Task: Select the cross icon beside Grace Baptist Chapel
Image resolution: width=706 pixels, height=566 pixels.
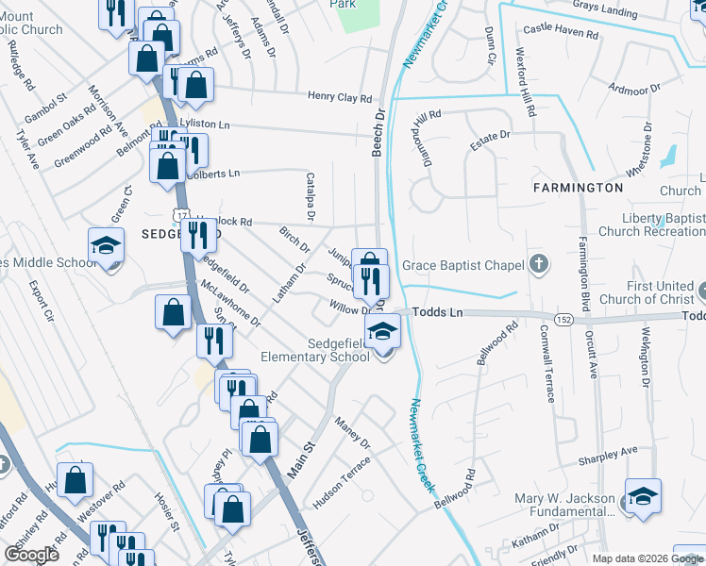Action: pos(539,264)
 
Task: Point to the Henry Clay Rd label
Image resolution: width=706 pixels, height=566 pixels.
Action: pos(341,96)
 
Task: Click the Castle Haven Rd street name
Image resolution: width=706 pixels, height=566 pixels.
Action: pos(561,32)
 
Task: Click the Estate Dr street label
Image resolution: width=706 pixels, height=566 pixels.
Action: pos(491,136)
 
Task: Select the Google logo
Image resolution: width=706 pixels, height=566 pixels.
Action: pos(32,555)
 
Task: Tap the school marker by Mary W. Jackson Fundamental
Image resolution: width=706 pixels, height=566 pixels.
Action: pos(643,498)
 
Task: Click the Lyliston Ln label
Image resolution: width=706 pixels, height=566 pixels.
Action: pos(205,124)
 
